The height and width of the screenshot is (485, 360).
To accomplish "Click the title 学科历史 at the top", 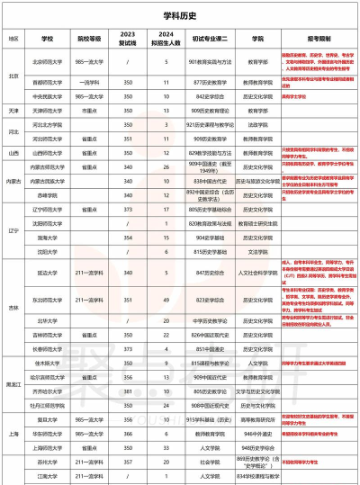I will (180, 16).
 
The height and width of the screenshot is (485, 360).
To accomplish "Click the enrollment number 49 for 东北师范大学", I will (166, 299).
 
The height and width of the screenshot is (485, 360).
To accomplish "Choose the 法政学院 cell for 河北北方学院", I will (258, 127).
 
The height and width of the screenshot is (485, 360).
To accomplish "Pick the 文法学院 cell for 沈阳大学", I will (258, 250).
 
